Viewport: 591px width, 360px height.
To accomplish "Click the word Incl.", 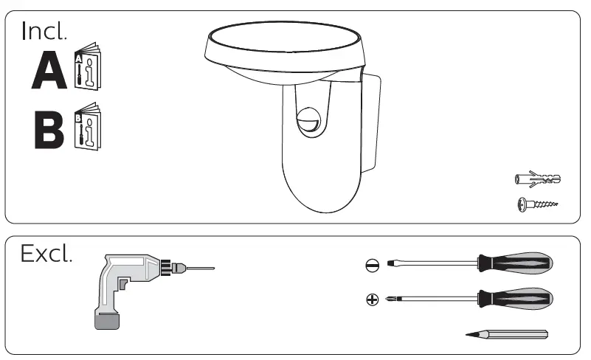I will click(x=44, y=31).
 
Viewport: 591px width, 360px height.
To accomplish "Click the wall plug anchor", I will click(x=537, y=179).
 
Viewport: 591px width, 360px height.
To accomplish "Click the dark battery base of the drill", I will click(x=108, y=319).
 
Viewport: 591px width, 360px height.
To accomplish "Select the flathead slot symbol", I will click(x=373, y=265).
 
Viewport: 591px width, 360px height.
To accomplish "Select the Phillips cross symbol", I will click(x=373, y=300).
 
